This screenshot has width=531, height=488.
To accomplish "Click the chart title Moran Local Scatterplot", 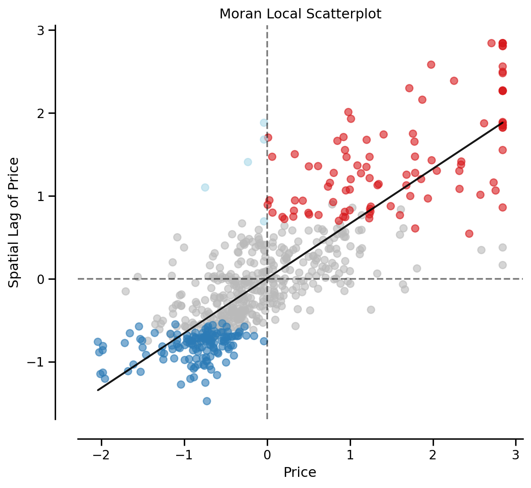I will (x=300, y=14).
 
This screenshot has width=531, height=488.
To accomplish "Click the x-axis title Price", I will (x=300, y=472).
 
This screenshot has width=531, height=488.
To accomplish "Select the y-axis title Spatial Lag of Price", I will (x=14, y=222).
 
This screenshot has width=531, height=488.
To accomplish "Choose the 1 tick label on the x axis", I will (x=350, y=454).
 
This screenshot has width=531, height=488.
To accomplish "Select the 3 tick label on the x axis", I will (x=516, y=454).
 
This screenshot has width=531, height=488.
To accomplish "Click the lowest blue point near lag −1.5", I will (x=206, y=401).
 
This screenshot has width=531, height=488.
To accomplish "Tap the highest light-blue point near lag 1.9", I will (x=264, y=123).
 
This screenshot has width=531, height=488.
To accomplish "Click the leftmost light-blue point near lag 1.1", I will (x=205, y=187).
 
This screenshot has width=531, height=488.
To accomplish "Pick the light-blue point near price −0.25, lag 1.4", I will (x=248, y=162).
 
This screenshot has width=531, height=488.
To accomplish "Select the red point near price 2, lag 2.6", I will (x=431, y=65).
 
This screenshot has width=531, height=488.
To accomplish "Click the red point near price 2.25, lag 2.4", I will (x=454, y=81).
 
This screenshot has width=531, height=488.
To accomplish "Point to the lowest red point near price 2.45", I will (x=469, y=234).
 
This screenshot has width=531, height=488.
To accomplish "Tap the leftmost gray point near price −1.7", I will (x=125, y=291).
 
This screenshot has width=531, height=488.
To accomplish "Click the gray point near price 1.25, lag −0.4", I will (x=371, y=310).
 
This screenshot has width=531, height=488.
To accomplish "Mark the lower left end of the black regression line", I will (x=98, y=390).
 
